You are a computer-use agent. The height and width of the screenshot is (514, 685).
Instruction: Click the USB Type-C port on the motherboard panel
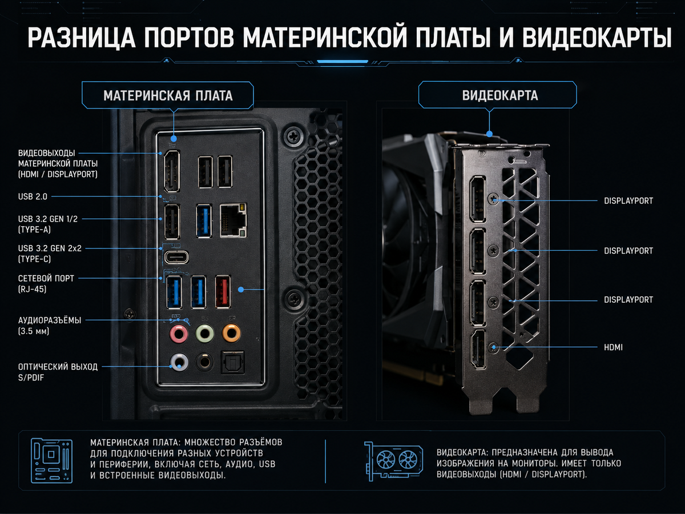pos(176,257)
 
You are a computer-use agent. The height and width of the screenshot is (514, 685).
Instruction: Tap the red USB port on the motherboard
pos(223,292)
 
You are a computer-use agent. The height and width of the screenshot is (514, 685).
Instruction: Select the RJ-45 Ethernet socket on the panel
pos(233,220)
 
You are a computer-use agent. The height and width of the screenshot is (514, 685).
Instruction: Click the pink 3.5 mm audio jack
pos(179,334)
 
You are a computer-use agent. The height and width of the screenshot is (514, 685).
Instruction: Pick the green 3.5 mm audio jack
pos(205,334)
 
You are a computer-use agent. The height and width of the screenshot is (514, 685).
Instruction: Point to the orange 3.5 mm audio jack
pos(231,333)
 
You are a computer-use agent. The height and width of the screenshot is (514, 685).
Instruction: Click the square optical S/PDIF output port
pos(232,362)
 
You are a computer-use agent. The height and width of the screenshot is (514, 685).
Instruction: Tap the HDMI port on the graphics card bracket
pos(478,349)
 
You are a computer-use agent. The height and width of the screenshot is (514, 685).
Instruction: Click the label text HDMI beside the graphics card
pos(613,347)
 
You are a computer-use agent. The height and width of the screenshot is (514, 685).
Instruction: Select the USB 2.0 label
pos(33,196)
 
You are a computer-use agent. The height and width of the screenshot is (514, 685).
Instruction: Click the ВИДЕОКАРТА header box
pos(497,95)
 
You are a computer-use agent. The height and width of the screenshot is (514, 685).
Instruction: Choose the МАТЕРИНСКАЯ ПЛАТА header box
pos(168,95)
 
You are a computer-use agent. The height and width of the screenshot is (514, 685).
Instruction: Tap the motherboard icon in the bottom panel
pos(51,460)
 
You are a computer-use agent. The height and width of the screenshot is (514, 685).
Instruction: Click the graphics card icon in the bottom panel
pos(393,461)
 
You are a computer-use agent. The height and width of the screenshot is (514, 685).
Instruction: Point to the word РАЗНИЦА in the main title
pos(82,38)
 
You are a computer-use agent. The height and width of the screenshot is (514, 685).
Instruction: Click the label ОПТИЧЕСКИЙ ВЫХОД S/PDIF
pos(58,372)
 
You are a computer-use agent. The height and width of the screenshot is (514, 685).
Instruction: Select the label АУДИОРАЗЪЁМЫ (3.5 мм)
pos(50,326)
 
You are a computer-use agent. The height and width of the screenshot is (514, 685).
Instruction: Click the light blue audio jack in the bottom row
pos(179,362)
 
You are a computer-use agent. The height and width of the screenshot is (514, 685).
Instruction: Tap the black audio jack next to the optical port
pos(204,362)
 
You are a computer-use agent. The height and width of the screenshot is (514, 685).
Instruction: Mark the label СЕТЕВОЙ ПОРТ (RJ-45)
pos(46,284)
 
